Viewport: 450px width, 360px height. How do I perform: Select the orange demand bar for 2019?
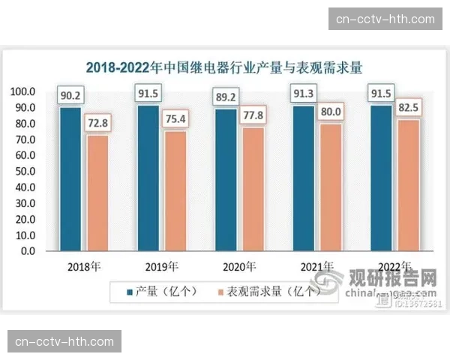pyautogui.click(x=175, y=190)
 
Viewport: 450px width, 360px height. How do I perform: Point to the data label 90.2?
pyautogui.click(x=70, y=95)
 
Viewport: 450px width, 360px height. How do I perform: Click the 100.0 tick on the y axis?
pyautogui.click(x=22, y=91)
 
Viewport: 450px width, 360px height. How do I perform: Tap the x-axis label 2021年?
pyautogui.click(x=317, y=267)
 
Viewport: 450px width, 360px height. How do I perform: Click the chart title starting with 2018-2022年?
pyautogui.click(x=224, y=68)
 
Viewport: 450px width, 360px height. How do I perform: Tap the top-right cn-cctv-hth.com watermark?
pyautogui.click(x=385, y=19)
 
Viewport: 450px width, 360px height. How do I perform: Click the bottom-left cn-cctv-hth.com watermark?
pyautogui.click(x=65, y=342)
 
